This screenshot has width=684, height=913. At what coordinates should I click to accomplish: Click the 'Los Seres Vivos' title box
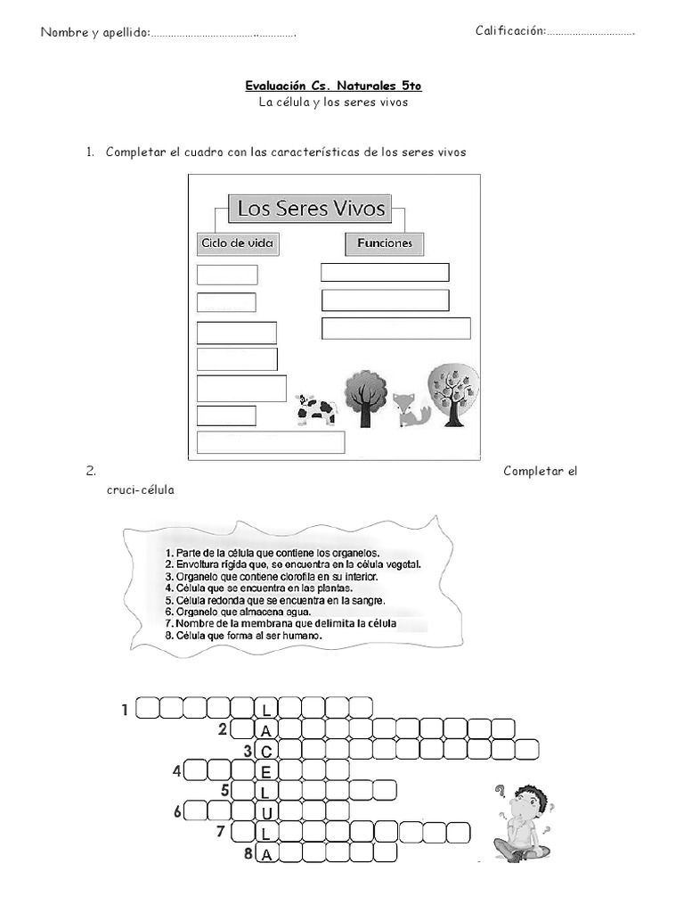click(x=310, y=209)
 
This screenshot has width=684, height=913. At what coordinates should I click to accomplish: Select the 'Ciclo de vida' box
click(x=237, y=243)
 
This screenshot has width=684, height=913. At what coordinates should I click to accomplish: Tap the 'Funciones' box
click(x=384, y=243)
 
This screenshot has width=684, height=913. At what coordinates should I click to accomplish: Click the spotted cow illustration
click(x=316, y=409)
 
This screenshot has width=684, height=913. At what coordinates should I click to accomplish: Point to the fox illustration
click(x=411, y=408)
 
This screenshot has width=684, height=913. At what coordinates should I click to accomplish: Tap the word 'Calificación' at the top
click(x=509, y=31)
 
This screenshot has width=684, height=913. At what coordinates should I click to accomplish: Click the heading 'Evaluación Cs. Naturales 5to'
click(x=333, y=86)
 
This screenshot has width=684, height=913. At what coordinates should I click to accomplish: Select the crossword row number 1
click(x=125, y=711)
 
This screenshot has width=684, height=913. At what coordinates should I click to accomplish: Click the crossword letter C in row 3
click(x=265, y=752)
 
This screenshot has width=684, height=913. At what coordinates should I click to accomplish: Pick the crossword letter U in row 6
click(x=265, y=813)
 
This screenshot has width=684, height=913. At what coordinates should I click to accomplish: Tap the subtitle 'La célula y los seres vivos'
click(x=333, y=103)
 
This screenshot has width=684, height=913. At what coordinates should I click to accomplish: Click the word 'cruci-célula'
click(x=140, y=489)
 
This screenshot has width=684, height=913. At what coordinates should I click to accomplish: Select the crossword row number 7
click(x=220, y=832)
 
